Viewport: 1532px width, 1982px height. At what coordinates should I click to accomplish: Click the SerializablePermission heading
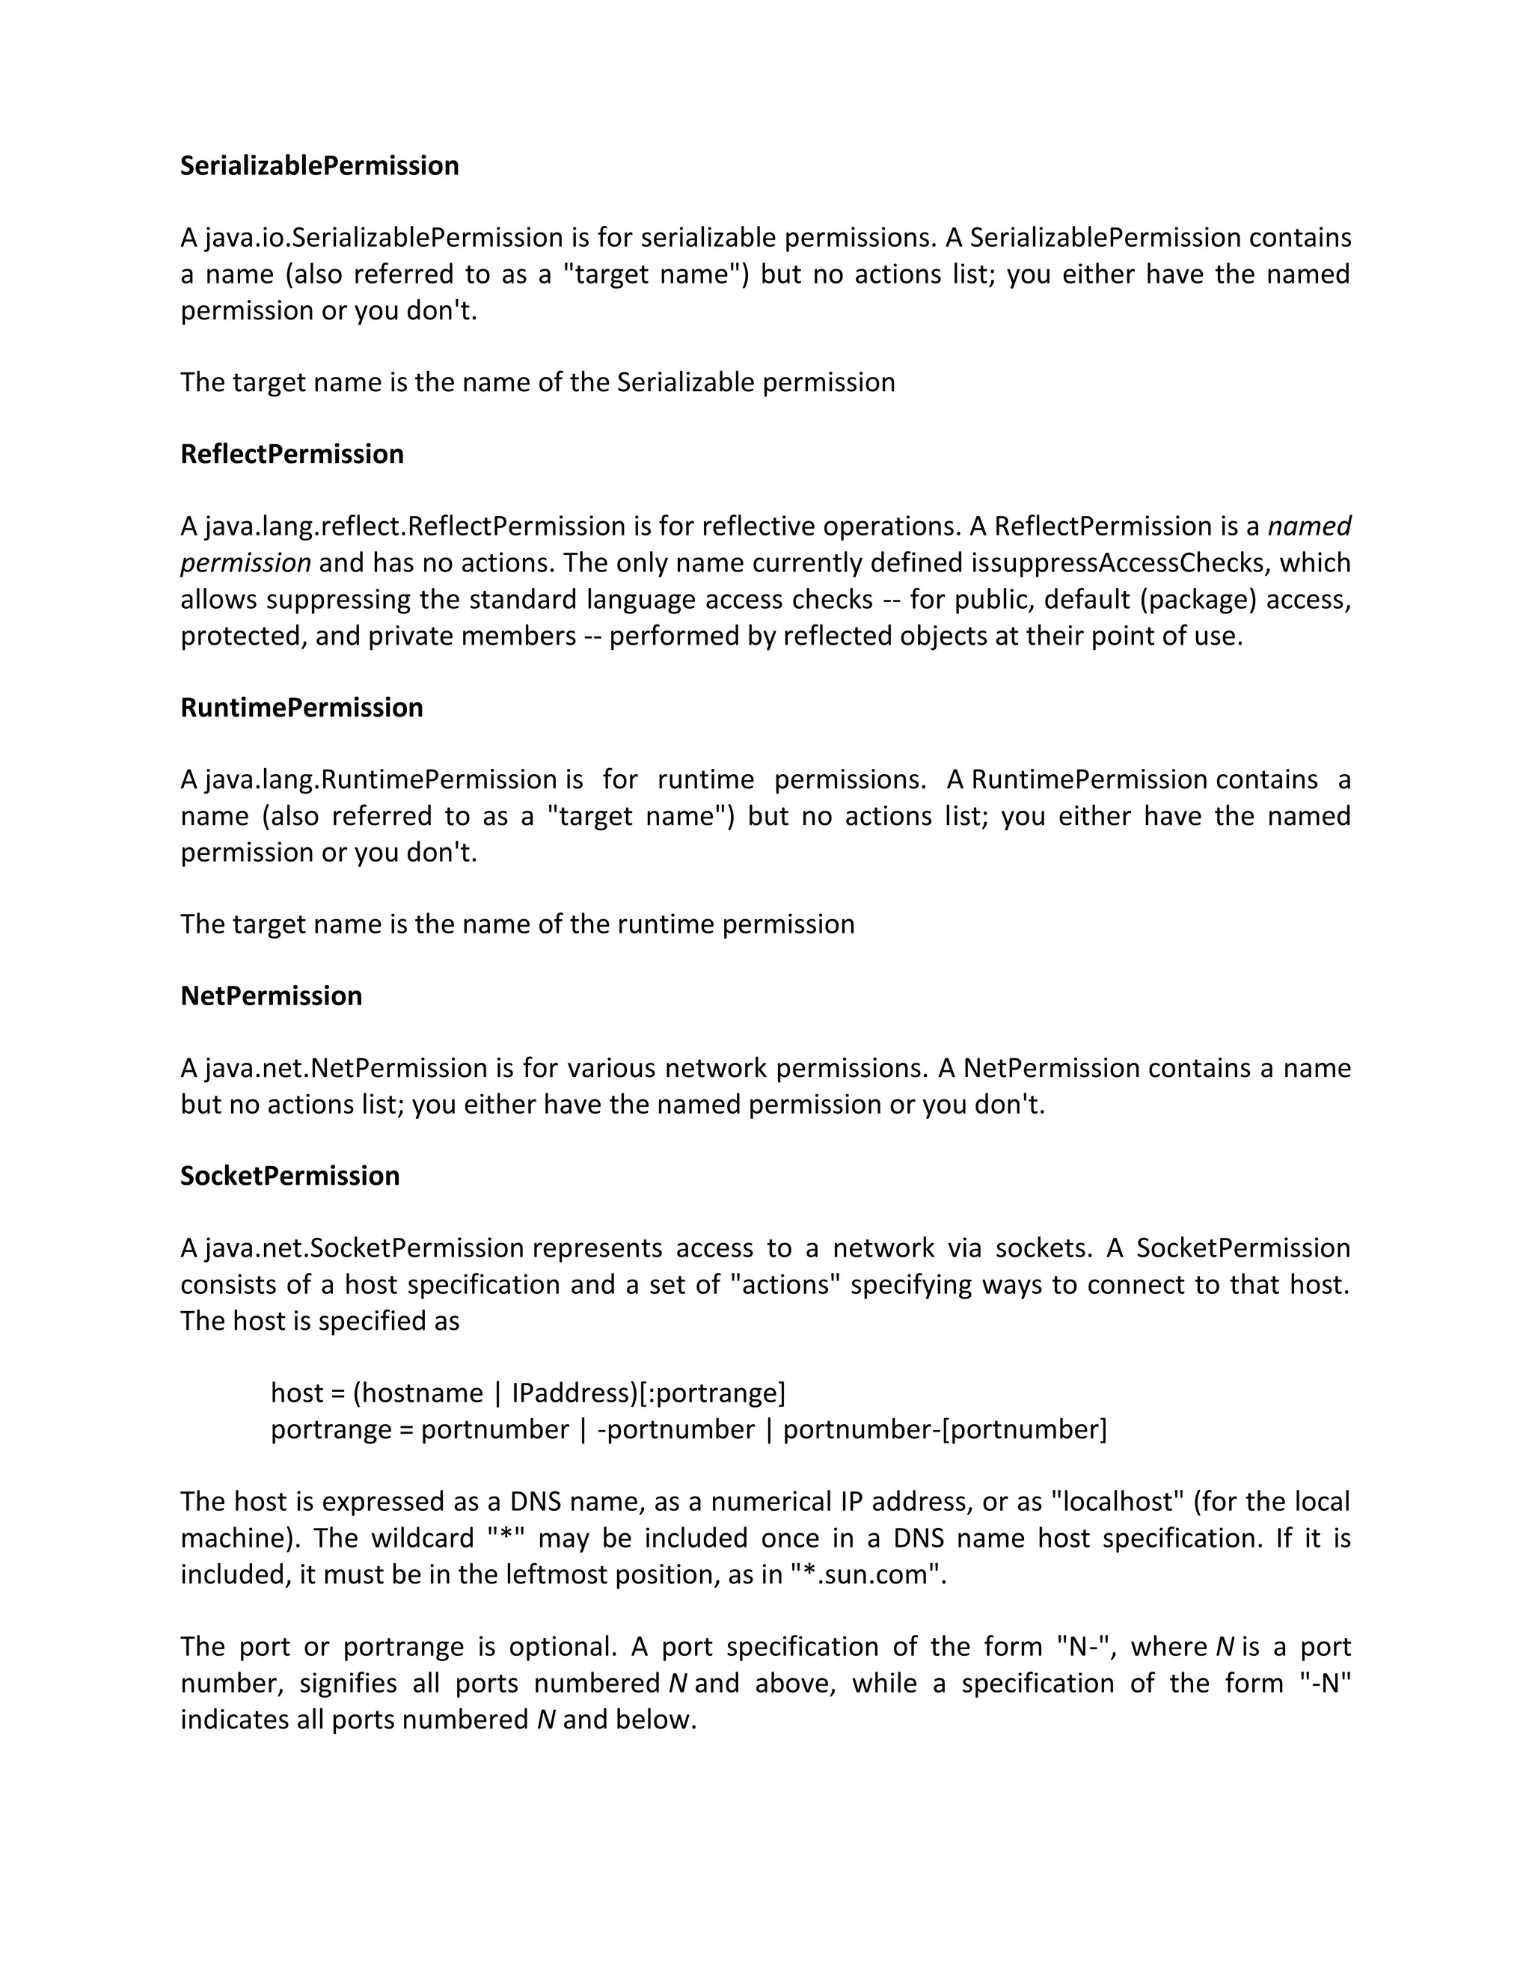319,166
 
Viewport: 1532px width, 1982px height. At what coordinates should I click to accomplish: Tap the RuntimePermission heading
301,707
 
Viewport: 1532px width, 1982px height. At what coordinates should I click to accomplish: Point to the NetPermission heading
271,995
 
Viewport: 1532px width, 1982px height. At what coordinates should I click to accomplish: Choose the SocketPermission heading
289,1175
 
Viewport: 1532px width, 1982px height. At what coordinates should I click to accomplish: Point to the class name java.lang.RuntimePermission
380,779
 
